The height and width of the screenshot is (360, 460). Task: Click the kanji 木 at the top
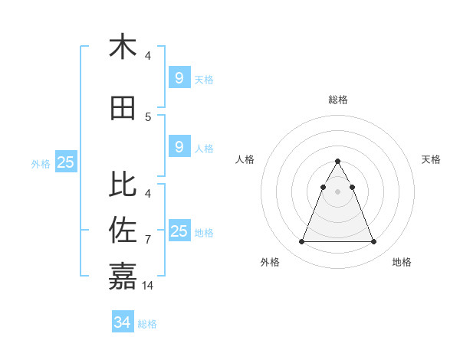tap(123, 47)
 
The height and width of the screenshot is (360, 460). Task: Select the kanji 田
tap(123, 108)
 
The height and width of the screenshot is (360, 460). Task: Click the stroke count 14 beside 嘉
tap(148, 285)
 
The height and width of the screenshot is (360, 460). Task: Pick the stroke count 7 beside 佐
tap(148, 240)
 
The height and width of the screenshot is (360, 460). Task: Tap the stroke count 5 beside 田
tap(148, 116)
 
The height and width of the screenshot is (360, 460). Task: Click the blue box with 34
tap(122, 322)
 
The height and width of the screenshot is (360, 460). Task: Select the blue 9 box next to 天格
tap(179, 77)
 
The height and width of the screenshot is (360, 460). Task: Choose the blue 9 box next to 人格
tap(179, 147)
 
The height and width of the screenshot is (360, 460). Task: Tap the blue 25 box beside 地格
tap(179, 231)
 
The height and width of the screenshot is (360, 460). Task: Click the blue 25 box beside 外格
tap(65, 162)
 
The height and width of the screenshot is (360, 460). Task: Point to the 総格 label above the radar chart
tap(338, 100)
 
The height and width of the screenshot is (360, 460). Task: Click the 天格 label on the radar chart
tap(431, 159)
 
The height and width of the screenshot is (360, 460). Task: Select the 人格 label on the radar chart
tap(245, 159)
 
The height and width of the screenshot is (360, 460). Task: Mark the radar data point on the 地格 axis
tap(373, 242)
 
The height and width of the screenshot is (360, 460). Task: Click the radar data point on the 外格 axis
tap(301, 242)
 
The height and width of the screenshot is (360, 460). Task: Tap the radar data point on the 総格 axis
tap(337, 162)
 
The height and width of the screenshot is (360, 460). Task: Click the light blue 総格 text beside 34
tap(147, 324)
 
